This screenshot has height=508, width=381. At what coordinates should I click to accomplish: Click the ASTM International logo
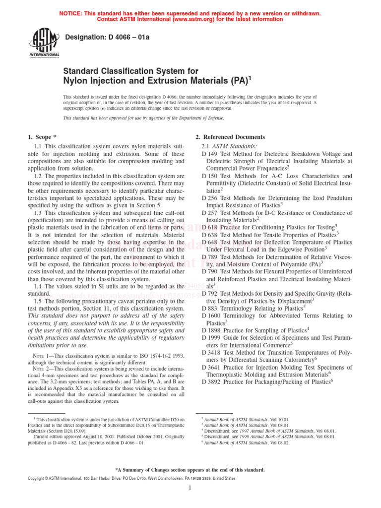(x=46, y=43)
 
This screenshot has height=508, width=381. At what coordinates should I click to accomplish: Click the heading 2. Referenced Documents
(x=230, y=137)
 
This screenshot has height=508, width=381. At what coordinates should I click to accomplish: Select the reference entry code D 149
(x=210, y=154)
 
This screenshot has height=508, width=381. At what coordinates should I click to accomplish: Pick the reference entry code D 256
(x=210, y=197)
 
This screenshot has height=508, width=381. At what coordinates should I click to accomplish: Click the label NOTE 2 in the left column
(x=41, y=369)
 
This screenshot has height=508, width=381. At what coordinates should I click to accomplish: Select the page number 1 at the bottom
(x=190, y=487)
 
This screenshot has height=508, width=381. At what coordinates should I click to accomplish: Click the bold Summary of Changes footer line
(x=190, y=469)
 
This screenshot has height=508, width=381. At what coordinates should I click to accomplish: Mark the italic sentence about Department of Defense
(x=143, y=118)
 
